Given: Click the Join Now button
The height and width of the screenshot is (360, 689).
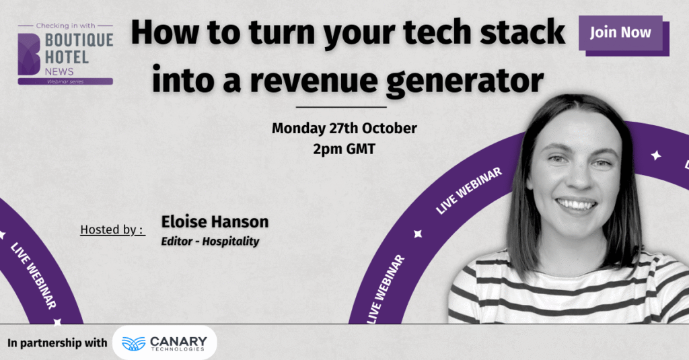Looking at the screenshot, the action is point(620,33).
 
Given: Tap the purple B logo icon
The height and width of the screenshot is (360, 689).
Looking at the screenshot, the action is point(29,54).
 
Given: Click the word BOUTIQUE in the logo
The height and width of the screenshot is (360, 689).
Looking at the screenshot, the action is point(79,40).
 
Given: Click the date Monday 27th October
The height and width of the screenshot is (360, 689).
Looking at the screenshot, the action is point(344,129).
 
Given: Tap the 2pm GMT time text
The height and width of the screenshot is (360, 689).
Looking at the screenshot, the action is point(344,149).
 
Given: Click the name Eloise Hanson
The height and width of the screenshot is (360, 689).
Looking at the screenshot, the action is point(215,221).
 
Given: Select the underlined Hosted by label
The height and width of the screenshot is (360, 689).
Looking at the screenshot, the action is point(112,229).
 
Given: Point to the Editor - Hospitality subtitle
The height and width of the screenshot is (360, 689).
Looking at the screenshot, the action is point(210,242).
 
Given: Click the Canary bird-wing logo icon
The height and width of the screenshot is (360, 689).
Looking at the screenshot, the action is point(133,344).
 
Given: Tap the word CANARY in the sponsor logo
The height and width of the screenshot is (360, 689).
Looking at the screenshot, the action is point(178,341).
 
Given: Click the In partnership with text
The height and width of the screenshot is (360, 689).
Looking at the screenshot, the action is point(57,343).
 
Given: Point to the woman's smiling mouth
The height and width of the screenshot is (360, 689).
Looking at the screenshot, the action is point(576,205).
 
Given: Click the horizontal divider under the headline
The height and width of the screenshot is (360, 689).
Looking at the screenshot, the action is point(341,107).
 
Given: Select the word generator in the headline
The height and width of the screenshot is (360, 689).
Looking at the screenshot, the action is point(465,81).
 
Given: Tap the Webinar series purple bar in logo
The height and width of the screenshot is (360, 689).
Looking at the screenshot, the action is point(65,81).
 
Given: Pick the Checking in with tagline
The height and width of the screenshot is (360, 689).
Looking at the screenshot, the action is point(65,26).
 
